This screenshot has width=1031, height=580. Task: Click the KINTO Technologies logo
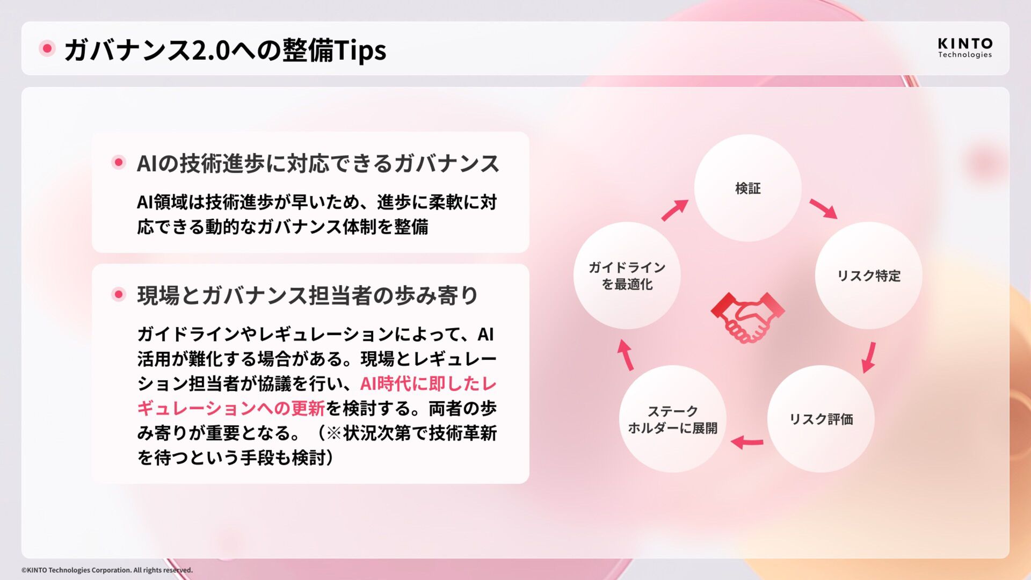pos(964,47)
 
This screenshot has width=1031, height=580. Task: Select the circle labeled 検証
pos(747,188)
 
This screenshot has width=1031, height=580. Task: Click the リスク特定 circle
pos(868,275)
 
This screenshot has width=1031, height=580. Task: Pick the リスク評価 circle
pos(821,419)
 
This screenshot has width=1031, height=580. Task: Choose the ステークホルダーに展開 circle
pos(672,419)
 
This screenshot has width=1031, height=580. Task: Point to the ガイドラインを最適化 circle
pos(627,275)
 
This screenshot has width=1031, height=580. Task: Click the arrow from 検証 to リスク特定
pos(823,208)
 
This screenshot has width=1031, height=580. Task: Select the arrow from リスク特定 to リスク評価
pos(869,357)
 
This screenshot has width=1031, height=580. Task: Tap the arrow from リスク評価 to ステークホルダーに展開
pos(747,443)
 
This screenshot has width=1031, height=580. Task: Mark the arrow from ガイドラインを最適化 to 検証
pos(674,210)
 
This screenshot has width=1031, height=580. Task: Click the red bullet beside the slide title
pos(47,49)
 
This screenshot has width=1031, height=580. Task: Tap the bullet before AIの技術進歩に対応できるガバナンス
pos(119,162)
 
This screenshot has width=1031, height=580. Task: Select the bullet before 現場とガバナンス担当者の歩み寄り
pos(119,294)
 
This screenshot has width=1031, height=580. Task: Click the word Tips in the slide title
pos(360,50)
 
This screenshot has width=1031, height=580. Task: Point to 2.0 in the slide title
pos(210,50)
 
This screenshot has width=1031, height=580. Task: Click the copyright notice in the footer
pos(107,570)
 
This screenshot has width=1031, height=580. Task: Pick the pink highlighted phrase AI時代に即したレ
pos(428,383)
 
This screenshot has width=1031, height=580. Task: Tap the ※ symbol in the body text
pos(333,433)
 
